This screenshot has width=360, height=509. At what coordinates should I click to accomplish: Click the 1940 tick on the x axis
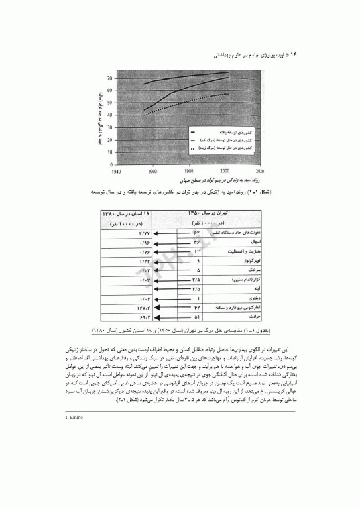pos(117,170)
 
